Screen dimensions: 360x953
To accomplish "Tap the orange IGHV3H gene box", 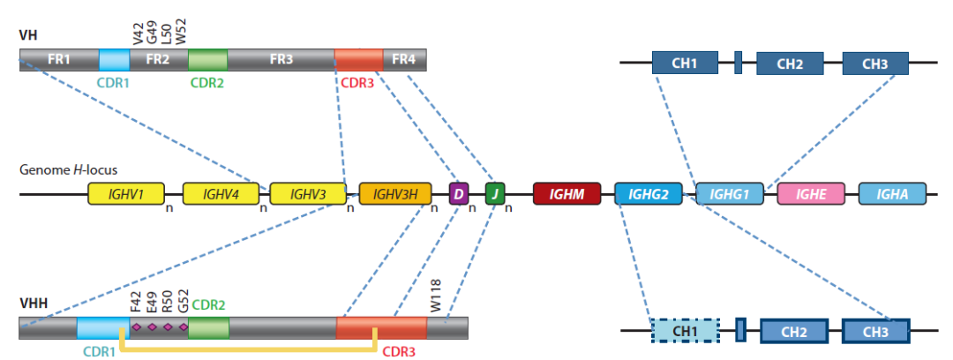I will pos(394,193).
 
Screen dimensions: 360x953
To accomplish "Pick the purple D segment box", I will pos(458,193).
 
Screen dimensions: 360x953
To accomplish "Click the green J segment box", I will pos(495,193).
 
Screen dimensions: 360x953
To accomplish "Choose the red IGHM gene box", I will pos(567,193).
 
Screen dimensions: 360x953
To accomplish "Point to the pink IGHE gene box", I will pos(811,193).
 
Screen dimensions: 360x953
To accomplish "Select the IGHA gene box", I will pos(893,193).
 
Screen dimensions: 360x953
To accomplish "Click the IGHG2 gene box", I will pos(649,193).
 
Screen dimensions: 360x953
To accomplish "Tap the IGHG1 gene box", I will pos(730,193).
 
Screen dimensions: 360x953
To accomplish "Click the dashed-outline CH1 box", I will pos(686,331).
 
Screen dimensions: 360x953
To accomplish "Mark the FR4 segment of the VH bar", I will pos(404,60).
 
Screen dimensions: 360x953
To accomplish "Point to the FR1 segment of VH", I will pos(59,60).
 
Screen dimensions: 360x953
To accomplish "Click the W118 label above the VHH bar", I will pos(437,291).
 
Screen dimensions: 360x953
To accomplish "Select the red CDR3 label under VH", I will pos(357,84).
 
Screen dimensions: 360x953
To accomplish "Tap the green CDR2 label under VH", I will pos(207,84).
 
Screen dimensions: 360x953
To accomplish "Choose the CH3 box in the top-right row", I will pos(875,63).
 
